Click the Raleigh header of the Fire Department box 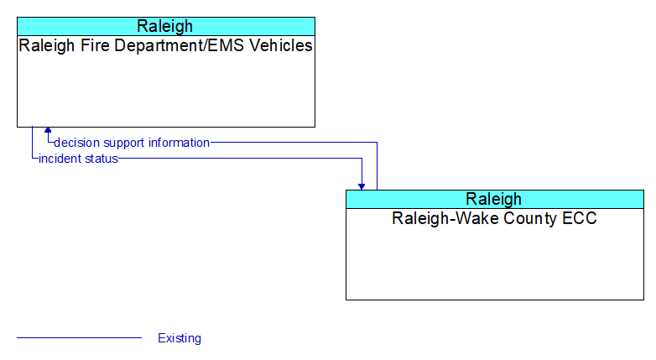[164, 26]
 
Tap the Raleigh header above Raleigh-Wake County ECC [493, 199]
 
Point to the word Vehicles [281, 45]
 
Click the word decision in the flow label [76, 143]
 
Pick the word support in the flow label [124, 143]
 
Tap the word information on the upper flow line [179, 143]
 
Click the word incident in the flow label [60, 159]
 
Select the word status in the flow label [102, 159]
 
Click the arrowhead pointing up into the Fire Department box [48, 130]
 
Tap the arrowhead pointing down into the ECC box [362, 186]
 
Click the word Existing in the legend [180, 338]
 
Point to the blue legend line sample [79, 337]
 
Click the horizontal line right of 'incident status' [240, 159]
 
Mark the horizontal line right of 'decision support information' [294, 143]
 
